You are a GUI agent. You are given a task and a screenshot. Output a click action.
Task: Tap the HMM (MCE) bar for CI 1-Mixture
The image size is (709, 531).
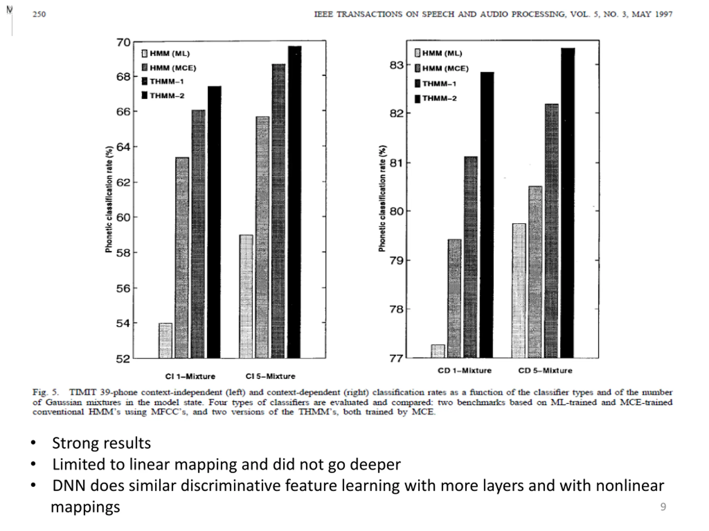(x=182, y=258)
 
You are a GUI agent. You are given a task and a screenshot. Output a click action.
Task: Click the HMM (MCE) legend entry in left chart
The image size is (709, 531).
(x=169, y=68)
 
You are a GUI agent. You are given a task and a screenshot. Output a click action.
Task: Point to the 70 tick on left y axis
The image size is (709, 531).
(x=124, y=42)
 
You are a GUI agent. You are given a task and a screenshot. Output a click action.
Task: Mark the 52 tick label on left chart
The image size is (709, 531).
(x=124, y=359)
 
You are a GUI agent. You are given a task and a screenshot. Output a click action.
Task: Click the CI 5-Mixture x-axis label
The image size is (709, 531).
(x=270, y=376)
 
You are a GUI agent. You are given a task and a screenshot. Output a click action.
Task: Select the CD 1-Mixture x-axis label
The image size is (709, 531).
(x=464, y=371)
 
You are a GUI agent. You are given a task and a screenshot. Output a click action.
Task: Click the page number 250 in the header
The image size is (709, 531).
(x=39, y=14)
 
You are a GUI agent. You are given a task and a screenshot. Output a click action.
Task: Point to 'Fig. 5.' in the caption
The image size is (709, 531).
(x=45, y=392)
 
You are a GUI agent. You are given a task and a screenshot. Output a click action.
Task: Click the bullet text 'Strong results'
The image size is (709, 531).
(x=101, y=443)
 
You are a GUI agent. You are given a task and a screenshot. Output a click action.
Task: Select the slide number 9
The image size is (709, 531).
(x=663, y=507)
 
